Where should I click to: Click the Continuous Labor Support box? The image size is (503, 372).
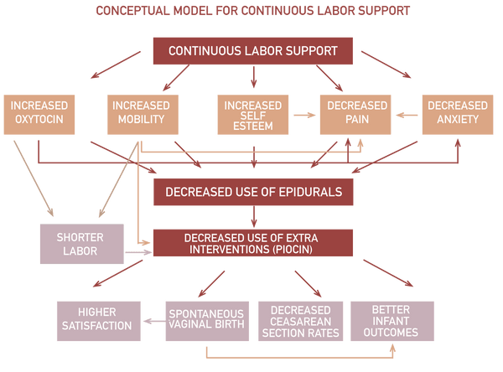point(252,50)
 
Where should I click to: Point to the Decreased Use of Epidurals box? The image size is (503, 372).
point(252,192)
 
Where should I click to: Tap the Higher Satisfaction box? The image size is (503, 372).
point(95,319)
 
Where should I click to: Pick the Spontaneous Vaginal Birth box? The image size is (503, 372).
point(207,319)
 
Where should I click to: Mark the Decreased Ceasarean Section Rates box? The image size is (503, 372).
point(300,319)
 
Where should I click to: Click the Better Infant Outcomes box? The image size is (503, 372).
point(392,319)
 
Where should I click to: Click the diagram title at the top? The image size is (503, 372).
point(251,12)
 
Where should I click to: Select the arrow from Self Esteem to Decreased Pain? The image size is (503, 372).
point(303,114)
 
